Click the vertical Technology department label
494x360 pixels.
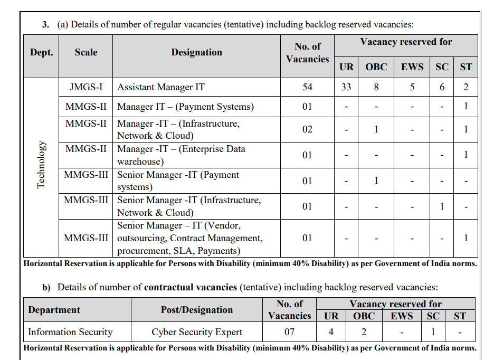(x=41, y=165)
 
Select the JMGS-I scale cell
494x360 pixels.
(x=86, y=87)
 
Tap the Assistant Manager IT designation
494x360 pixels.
(x=161, y=87)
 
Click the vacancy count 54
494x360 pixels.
(x=307, y=87)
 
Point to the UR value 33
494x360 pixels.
(x=346, y=87)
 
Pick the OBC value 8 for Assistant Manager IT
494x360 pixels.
(x=376, y=87)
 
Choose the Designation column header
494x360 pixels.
(x=196, y=52)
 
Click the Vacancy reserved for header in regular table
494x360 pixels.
(x=406, y=42)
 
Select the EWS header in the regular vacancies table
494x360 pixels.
(x=412, y=67)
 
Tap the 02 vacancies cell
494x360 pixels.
(x=307, y=129)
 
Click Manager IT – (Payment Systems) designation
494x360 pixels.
(x=186, y=107)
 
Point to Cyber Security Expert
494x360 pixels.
(x=197, y=332)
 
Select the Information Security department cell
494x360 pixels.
(x=70, y=332)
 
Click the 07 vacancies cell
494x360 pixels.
(x=289, y=332)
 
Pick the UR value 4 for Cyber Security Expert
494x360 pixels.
(x=331, y=332)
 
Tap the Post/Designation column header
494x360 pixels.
(x=197, y=310)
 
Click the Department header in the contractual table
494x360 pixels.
(x=54, y=310)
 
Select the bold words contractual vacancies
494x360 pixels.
(x=191, y=288)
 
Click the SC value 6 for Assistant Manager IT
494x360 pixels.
(x=442, y=87)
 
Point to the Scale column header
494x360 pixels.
(x=86, y=52)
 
